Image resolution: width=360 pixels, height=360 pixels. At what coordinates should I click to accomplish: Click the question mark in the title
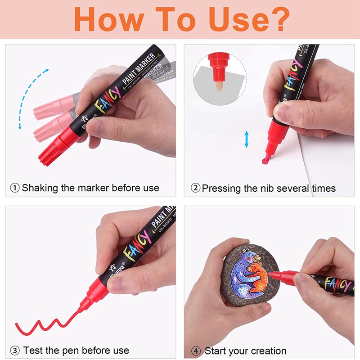[x=275, y=18]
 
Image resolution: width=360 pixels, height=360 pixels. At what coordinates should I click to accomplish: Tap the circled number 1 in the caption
[x=15, y=188]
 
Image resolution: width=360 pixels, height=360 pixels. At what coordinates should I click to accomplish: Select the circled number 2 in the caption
[x=195, y=188]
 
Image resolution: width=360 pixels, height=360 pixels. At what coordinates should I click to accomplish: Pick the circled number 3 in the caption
[x=15, y=350]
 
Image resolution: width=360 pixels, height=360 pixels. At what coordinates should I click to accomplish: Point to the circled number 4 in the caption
[x=196, y=351]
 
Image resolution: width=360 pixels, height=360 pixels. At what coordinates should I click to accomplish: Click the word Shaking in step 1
[x=40, y=188]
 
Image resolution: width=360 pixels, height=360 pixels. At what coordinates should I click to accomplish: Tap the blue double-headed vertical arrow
[x=247, y=139]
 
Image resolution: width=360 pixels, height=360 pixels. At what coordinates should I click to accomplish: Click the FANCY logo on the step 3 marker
[x=135, y=246]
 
